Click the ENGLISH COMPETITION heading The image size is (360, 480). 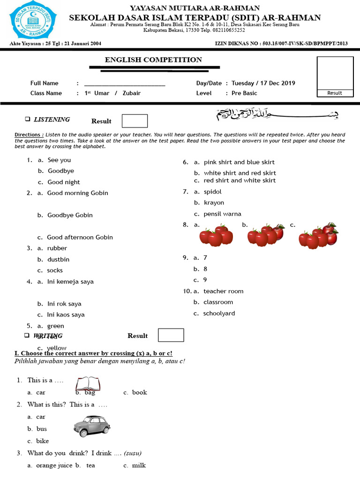click(x=153, y=60)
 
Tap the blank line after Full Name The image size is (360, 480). click(x=124, y=84)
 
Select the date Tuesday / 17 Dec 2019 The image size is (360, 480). click(x=263, y=83)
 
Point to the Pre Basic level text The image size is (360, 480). click(x=244, y=93)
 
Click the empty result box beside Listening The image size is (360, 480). click(x=135, y=121)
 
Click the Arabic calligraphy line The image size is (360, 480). click(x=277, y=114)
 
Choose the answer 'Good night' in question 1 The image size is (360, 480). click(x=64, y=182)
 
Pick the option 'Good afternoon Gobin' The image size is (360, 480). click(x=80, y=238)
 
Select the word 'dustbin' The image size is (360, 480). click(x=58, y=259)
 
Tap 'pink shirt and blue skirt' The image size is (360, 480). click(x=239, y=162)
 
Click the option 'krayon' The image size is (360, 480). click(x=214, y=203)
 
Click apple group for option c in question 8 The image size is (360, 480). click(x=318, y=235)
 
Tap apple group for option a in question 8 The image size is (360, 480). click(x=216, y=235)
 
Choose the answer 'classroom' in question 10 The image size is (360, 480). click(x=218, y=302)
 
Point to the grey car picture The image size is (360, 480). click(x=92, y=426)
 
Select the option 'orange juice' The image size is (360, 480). click(x=54, y=465)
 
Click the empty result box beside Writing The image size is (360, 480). click(x=171, y=335)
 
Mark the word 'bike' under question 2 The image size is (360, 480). click(x=42, y=441)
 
